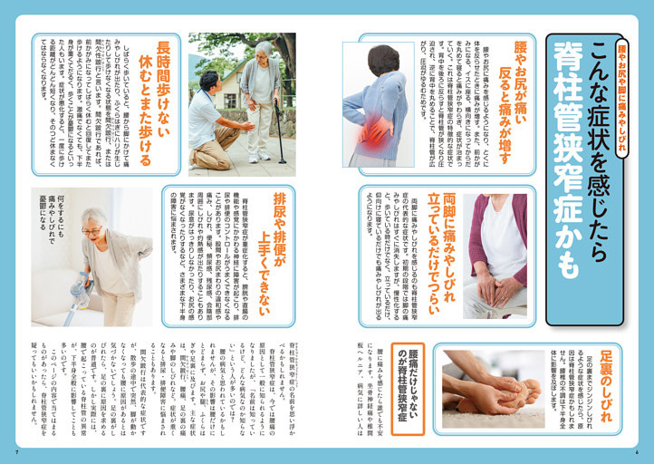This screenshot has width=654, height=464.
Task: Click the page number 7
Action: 16,451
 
